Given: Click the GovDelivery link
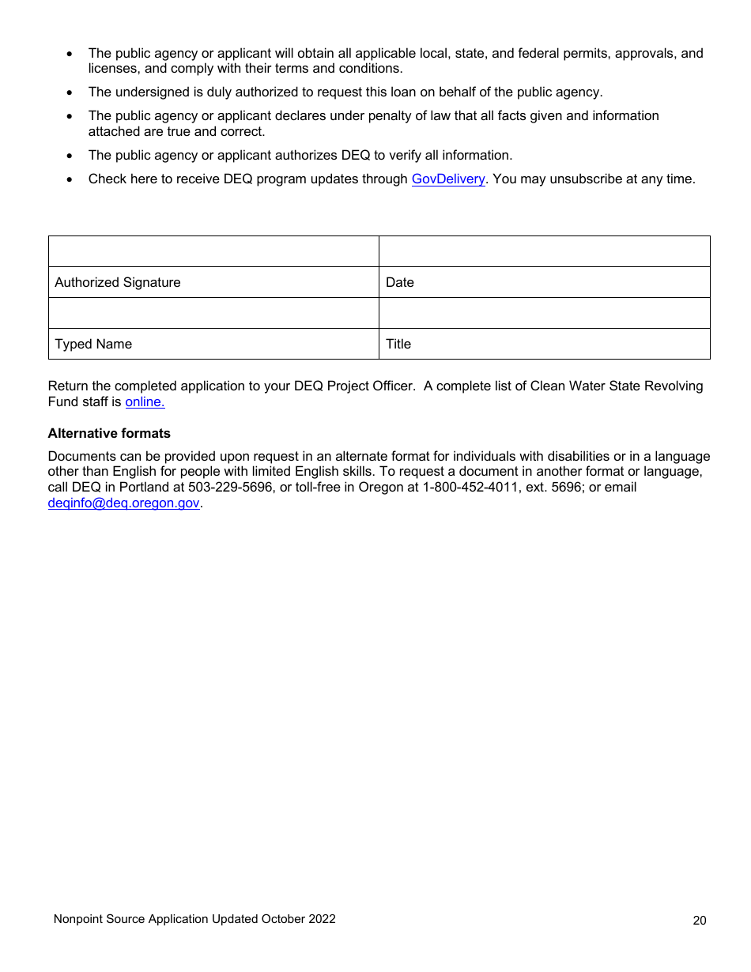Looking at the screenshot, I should (448, 179).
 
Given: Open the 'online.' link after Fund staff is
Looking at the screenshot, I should (145, 401).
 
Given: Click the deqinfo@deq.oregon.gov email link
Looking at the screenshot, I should (123, 503).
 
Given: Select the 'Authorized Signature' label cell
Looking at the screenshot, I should (118, 282).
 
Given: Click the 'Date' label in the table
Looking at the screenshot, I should (400, 282).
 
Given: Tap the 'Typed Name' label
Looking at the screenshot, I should (93, 344).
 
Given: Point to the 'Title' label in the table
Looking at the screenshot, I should (398, 344).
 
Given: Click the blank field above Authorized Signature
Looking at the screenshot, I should (213, 251).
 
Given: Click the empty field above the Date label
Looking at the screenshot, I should (544, 251).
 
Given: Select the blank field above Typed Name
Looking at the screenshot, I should (213, 313).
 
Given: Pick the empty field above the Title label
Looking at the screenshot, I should (544, 313).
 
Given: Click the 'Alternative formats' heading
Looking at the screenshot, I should (109, 433).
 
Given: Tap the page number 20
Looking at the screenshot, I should (700, 920).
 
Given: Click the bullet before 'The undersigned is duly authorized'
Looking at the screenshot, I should (70, 92).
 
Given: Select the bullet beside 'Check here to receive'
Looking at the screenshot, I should (70, 179).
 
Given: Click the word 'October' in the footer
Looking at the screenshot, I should (283, 919).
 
